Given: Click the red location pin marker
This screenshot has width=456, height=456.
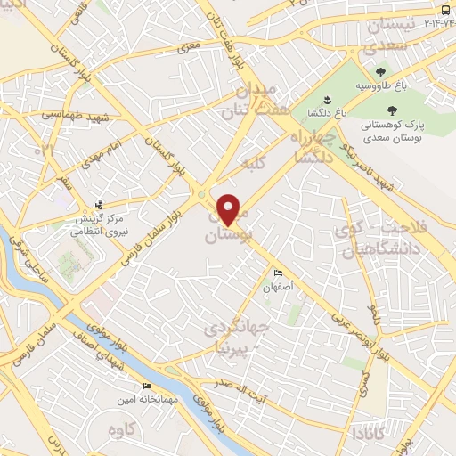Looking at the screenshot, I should click(x=229, y=209).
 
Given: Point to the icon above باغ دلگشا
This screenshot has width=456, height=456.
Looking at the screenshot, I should click(x=327, y=98).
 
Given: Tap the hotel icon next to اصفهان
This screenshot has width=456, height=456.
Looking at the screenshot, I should click(x=278, y=273).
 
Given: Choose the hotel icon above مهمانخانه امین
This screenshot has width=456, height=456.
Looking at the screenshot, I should click(x=147, y=386).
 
